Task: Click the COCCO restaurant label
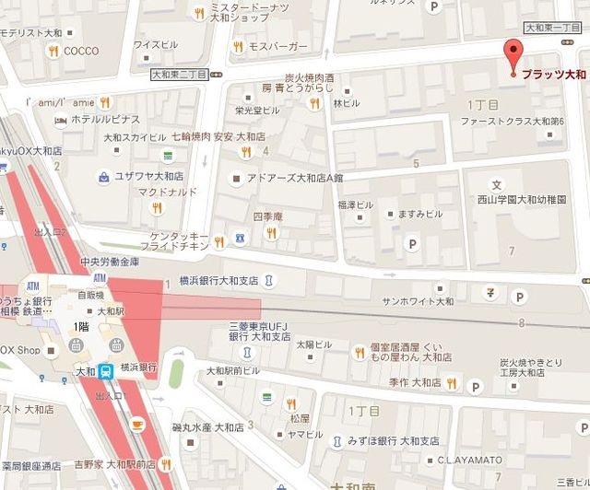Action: coord(80,52)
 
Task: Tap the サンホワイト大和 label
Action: coord(418,300)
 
